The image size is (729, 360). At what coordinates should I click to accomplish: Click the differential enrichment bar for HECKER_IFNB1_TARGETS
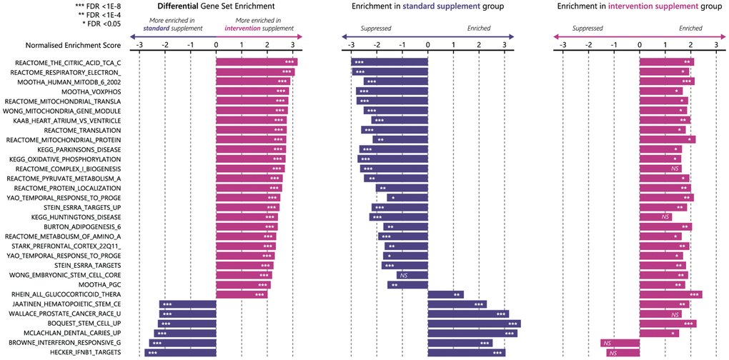click(x=180, y=353)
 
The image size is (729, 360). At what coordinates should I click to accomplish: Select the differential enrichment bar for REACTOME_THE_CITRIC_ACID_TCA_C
click(x=256, y=62)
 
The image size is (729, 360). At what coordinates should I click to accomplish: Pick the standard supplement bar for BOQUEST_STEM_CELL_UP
click(x=474, y=324)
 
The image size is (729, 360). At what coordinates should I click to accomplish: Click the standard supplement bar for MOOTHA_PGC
click(x=407, y=284)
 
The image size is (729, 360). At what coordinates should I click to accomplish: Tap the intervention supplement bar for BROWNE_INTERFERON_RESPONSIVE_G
click(x=620, y=343)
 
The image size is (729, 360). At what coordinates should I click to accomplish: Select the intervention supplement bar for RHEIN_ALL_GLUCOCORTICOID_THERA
click(x=671, y=294)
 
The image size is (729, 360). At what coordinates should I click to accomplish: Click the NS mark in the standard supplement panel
click(x=404, y=275)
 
